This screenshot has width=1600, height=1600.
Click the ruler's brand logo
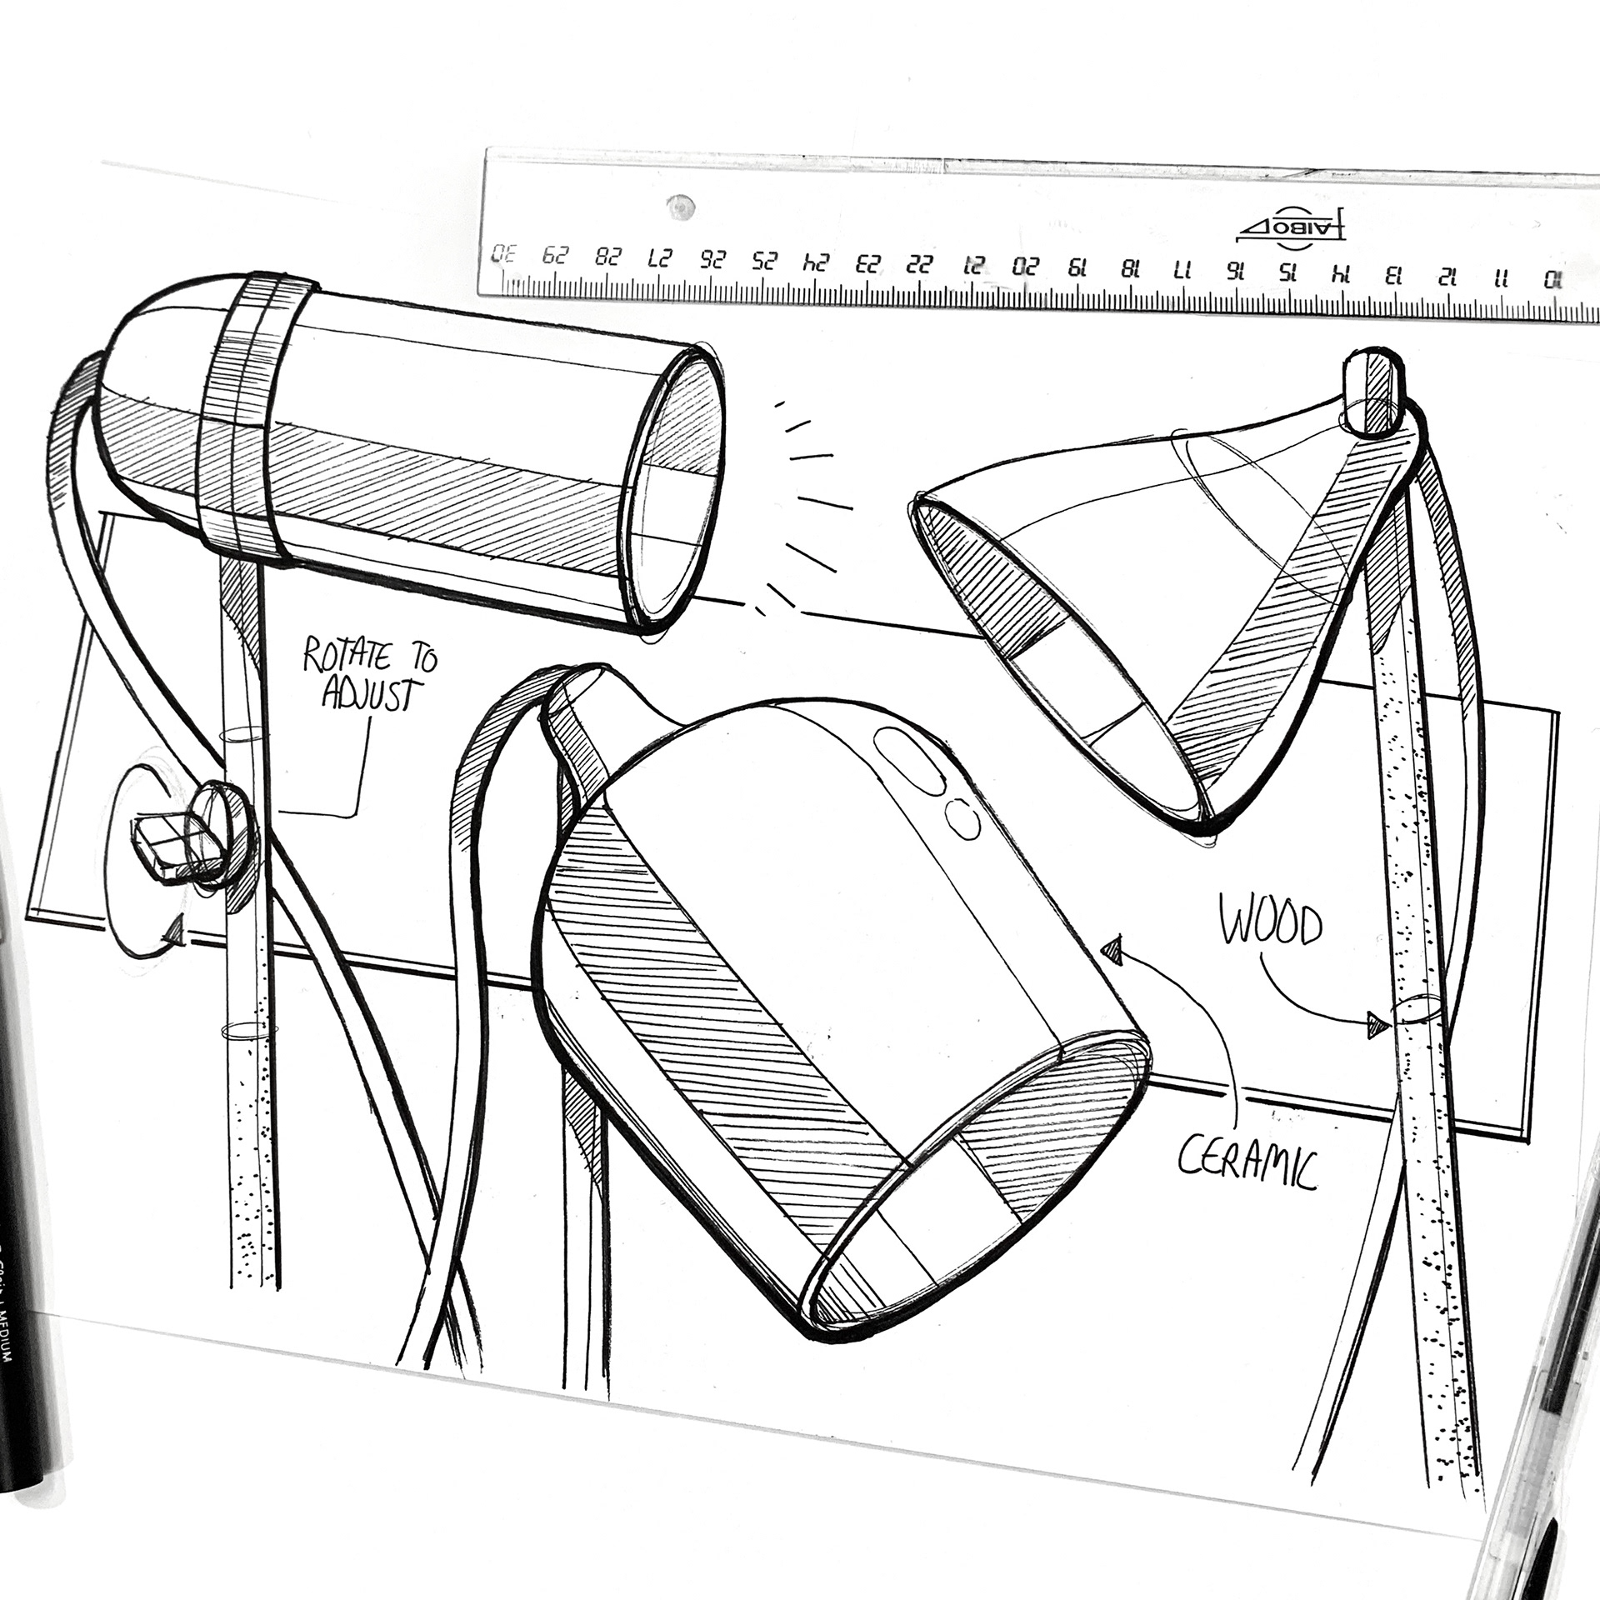point(1292,230)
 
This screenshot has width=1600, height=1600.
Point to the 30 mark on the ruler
point(503,255)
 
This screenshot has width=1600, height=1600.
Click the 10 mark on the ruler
point(1552,280)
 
